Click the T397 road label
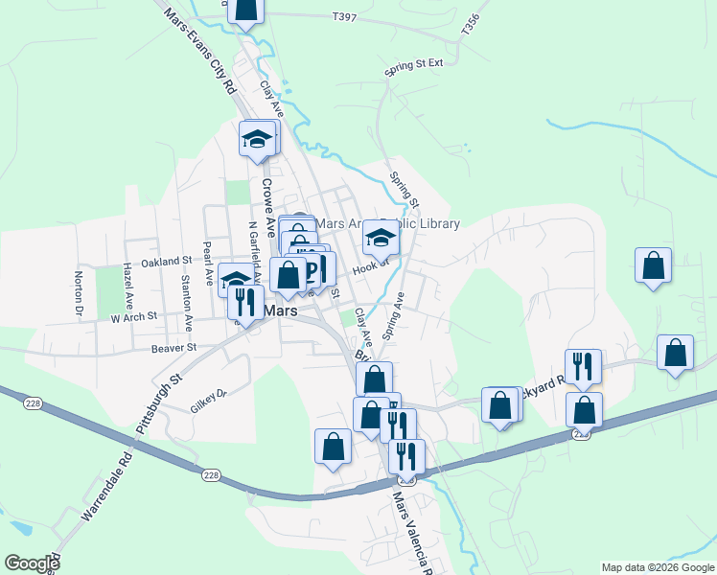click(343, 17)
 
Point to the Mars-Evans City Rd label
click(199, 51)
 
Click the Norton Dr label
click(79, 293)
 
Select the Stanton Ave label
click(186, 297)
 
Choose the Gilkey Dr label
click(208, 400)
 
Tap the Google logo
click(31, 563)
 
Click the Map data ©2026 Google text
click(658, 567)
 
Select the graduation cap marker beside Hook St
click(381, 238)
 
